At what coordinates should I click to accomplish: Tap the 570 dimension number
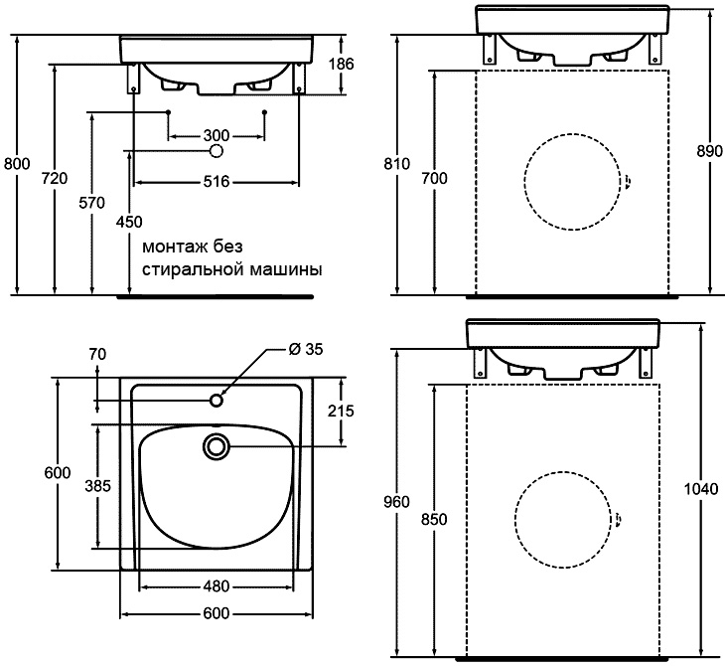click(x=91, y=202)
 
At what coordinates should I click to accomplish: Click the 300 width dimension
click(x=217, y=135)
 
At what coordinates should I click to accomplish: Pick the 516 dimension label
click(x=217, y=181)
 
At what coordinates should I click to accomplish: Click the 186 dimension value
click(x=341, y=65)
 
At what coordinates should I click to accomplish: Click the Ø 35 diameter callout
click(x=308, y=349)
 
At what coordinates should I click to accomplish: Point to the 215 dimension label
click(x=341, y=411)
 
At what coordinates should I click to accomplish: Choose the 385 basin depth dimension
click(x=96, y=486)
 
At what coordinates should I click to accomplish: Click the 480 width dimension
click(x=217, y=585)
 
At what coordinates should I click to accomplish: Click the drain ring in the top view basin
click(x=216, y=447)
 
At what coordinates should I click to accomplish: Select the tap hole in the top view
click(x=216, y=400)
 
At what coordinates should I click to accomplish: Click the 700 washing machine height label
click(x=434, y=178)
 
